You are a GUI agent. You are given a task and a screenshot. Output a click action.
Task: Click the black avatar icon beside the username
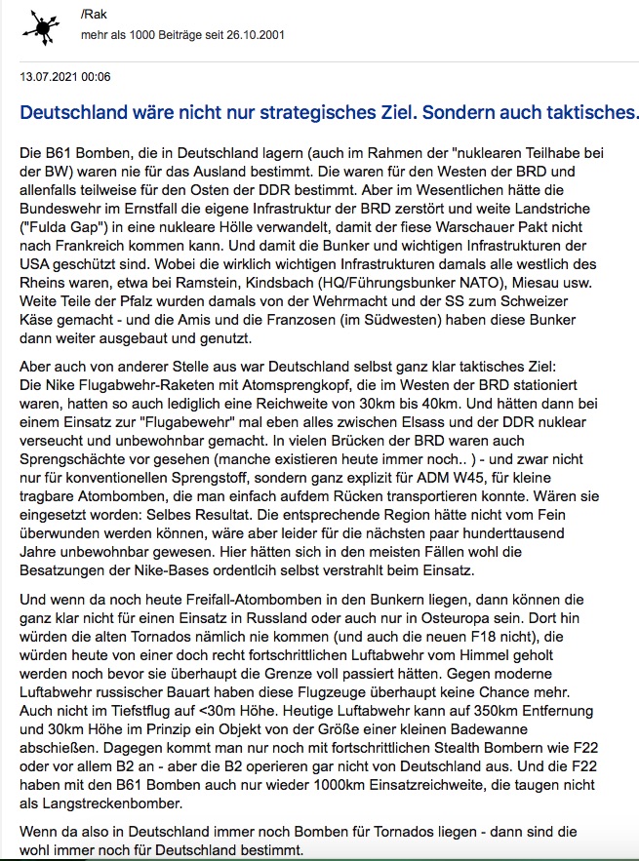click(x=41, y=28)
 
